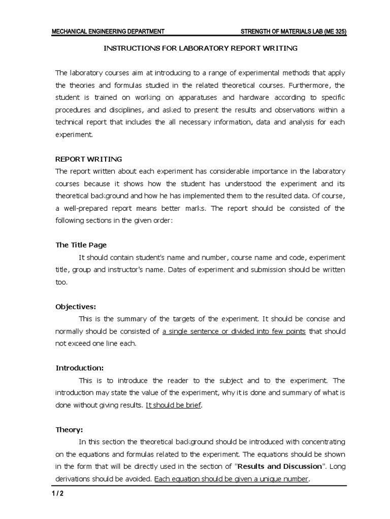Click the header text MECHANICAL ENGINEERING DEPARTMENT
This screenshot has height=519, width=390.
(108, 31)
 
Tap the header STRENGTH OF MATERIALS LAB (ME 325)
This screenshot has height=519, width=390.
(294, 31)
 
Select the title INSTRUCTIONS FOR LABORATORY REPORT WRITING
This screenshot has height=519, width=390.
(201, 49)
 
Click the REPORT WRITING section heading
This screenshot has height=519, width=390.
(88, 159)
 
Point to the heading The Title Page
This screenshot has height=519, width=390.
(81, 245)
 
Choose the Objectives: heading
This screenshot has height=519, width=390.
(76, 307)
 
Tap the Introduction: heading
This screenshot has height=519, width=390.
(80, 368)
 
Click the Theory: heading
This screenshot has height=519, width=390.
(69, 430)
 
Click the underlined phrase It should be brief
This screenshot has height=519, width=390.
(174, 405)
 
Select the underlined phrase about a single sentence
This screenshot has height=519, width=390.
(234, 331)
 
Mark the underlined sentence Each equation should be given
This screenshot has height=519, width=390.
(232, 479)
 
